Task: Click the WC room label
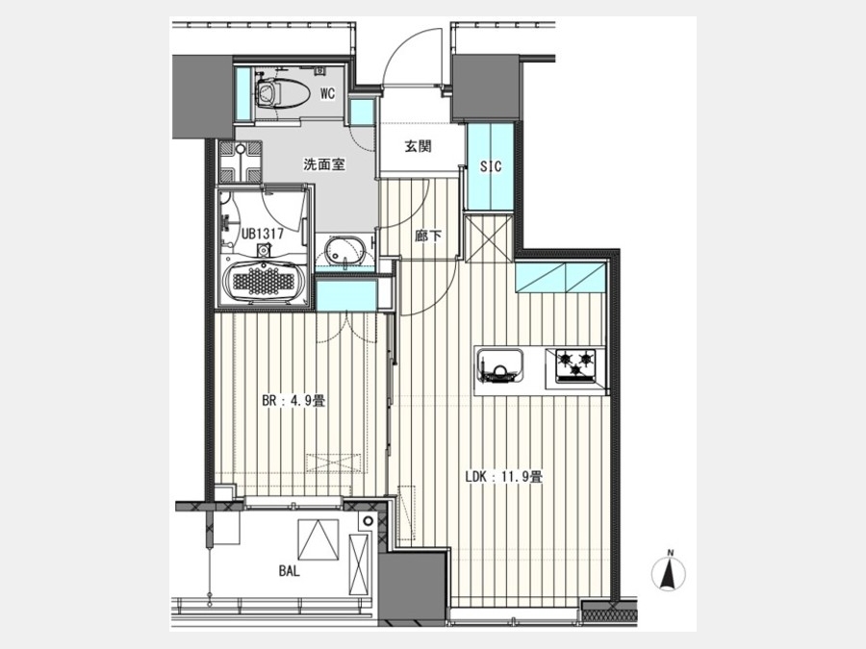[327, 93]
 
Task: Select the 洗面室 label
[323, 164]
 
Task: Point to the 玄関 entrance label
[417, 147]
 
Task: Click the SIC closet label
[492, 166]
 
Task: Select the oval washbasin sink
[342, 255]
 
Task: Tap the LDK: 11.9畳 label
[504, 475]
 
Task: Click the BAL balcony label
[288, 570]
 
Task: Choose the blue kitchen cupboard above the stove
[559, 278]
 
